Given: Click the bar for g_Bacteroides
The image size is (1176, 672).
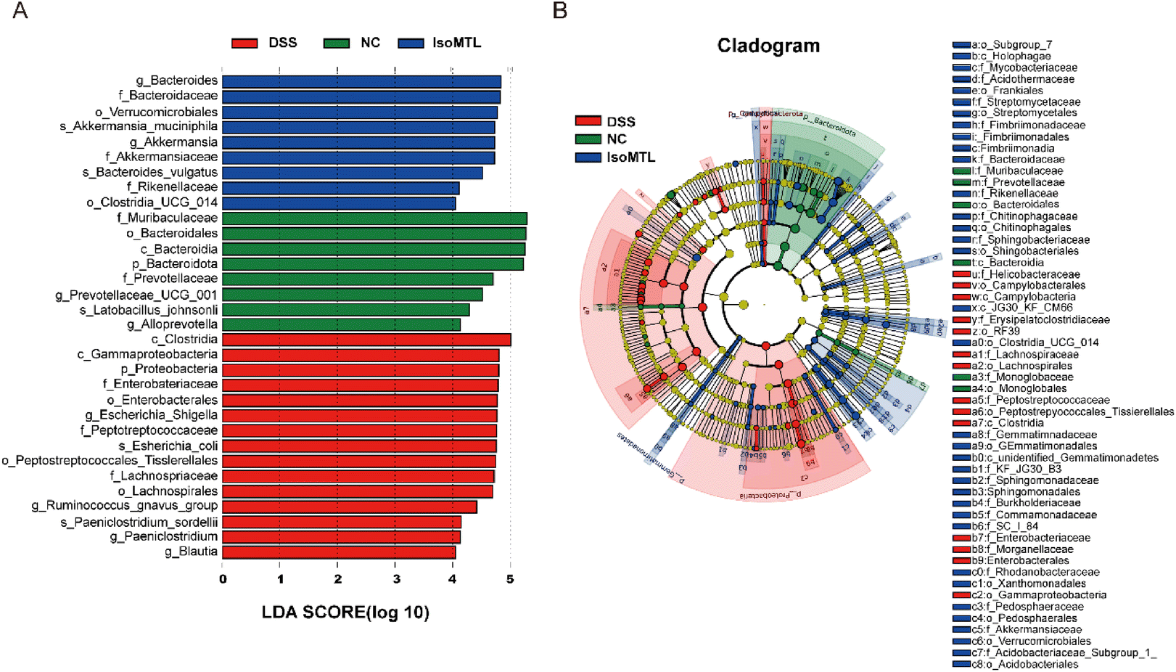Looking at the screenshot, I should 361,81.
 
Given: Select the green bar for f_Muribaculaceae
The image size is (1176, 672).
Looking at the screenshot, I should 374,218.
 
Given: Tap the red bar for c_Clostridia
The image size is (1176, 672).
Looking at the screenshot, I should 366,340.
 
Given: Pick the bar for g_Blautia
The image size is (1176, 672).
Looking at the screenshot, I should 339,552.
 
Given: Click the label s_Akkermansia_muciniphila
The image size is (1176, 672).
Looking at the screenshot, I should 139,127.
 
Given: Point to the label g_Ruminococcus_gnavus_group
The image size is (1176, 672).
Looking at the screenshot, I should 125,506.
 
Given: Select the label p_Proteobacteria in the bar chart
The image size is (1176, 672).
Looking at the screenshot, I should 169,369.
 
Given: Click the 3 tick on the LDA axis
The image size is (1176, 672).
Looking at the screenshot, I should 396,579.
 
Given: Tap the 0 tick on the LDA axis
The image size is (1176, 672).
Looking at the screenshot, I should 223,579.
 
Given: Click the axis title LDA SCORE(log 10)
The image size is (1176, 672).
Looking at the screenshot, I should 345,612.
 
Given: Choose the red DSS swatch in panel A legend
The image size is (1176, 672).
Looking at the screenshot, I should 244,44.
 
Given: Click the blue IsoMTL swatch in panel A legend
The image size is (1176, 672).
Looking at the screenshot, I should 411,44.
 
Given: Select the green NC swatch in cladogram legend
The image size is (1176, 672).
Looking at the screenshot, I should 588,139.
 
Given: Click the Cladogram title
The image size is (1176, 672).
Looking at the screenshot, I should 768,46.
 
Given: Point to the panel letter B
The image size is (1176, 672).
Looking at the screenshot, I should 559,11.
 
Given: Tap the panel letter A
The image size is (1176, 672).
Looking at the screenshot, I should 20,11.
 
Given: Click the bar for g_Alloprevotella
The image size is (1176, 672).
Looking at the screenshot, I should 341,324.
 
